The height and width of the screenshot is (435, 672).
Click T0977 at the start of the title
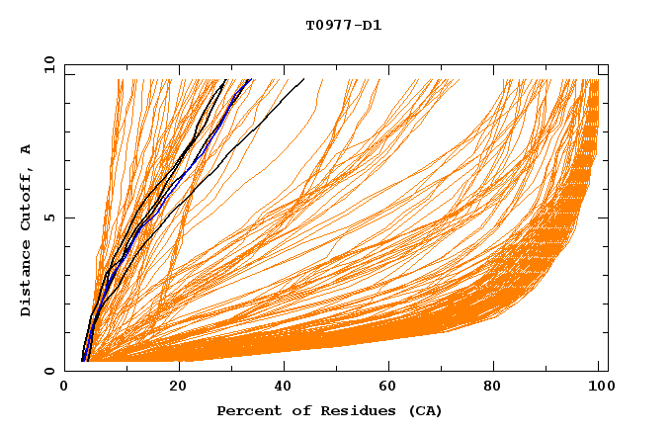[x=327, y=25]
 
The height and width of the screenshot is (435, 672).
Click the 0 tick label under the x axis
[x=65, y=387]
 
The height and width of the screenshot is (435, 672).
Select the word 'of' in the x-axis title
[x=293, y=410]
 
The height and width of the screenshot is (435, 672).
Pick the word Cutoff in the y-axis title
[x=26, y=199]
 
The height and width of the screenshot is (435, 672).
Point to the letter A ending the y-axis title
[x=26, y=148]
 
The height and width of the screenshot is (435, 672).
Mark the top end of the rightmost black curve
[x=303, y=79]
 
